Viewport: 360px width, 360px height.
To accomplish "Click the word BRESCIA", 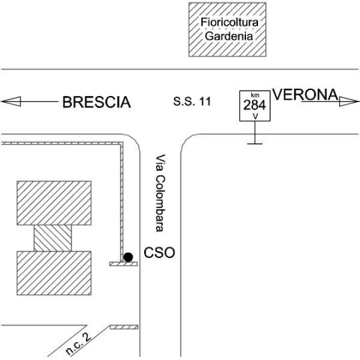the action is tap(97, 102).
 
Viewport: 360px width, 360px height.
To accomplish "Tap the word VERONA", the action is tap(305, 95).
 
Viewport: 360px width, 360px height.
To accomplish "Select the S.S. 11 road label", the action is tap(192, 101).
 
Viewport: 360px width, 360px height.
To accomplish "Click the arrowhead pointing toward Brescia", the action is tap(11, 101).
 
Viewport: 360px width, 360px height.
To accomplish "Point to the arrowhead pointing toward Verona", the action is tap(349, 101).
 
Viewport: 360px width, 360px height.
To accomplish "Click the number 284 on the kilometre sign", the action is tap(254, 105).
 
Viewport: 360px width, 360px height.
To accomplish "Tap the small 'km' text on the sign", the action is tap(255, 95).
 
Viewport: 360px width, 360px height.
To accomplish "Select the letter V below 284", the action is tap(255, 116).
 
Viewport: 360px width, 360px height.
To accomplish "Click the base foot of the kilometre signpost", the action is tap(255, 144).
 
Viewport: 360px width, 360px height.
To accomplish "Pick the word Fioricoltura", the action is tap(230, 22).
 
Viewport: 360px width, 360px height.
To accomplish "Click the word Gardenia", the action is tap(229, 36).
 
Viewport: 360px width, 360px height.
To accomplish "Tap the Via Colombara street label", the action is tap(160, 193).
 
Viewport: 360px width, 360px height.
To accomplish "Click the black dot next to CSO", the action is tap(128, 257).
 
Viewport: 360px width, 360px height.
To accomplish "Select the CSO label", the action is tap(159, 253).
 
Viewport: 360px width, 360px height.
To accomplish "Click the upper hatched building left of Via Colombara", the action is tap(54, 203).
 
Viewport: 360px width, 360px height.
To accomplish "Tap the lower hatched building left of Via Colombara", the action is tap(54, 273).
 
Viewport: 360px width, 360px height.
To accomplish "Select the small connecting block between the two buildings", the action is tap(53, 238).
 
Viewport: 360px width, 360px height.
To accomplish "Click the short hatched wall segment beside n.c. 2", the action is tap(124, 327).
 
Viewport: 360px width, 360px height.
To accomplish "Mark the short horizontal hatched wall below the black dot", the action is tap(124, 264).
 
